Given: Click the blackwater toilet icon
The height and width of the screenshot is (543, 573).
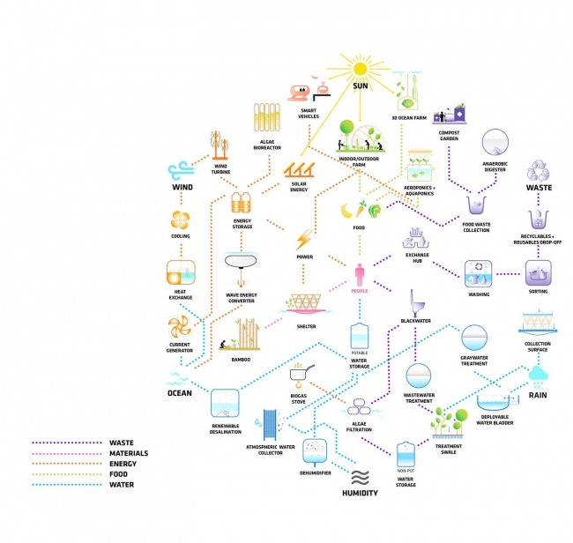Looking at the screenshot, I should click(412, 302).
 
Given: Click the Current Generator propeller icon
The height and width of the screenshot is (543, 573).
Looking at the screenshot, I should click(180, 329).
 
